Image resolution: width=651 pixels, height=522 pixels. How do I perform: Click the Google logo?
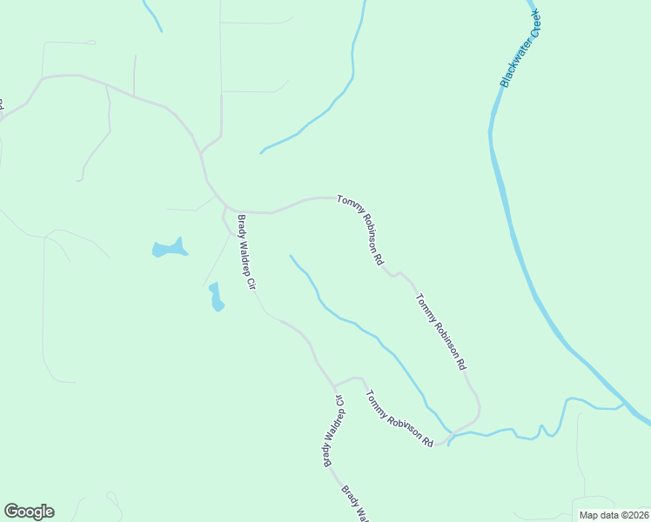pyautogui.click(x=29, y=512)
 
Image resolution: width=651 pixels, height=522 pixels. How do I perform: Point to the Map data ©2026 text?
pyautogui.click(x=613, y=515)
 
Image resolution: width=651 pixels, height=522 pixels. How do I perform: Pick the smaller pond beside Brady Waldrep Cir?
pyautogui.click(x=216, y=298)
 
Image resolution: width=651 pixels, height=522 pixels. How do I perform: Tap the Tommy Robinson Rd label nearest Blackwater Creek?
pyautogui.click(x=441, y=332)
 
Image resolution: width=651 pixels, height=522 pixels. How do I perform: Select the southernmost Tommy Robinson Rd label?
pyautogui.click(x=399, y=418)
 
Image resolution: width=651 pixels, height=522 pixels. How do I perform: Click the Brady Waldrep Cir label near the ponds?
pyautogui.click(x=247, y=252)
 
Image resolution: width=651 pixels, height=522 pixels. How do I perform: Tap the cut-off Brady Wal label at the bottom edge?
pyautogui.click(x=355, y=504)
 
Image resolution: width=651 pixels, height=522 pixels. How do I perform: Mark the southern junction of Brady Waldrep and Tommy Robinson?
pyautogui.click(x=335, y=385)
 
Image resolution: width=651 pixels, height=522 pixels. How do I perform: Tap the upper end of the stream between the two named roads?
pyautogui.click(x=290, y=256)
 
